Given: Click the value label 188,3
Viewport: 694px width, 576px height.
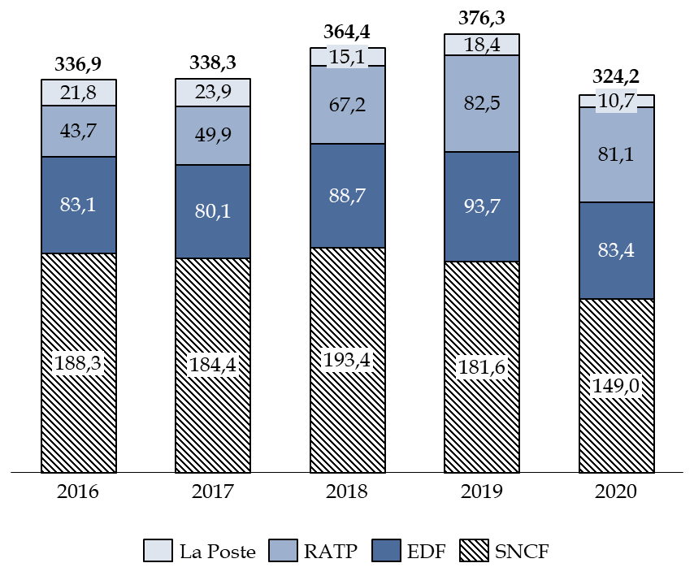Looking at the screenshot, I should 78,363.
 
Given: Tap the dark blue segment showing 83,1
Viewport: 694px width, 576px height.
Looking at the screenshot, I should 78,205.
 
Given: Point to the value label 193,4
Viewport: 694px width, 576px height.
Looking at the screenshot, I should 347,359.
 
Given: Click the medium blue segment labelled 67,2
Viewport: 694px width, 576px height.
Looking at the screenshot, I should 347,105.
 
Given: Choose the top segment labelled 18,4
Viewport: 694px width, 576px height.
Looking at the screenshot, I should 481,45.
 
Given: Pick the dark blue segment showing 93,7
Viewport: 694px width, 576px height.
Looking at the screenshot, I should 481,206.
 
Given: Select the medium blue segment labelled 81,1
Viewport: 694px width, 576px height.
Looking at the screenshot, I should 616,154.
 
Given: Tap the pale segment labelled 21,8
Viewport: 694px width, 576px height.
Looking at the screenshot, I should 78,93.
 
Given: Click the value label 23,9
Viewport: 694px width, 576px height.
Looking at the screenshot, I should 213,92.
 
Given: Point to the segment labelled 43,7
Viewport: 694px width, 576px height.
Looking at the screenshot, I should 78,131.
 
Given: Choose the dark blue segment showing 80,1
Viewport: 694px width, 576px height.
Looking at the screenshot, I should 213,211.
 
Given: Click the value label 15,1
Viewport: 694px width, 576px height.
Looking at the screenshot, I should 347,57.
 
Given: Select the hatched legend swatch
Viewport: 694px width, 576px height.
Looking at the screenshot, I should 474,550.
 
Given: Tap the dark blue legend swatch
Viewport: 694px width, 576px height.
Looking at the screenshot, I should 386,550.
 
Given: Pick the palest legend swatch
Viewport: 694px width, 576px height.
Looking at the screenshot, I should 158,550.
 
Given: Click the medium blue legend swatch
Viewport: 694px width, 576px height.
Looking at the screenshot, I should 283,550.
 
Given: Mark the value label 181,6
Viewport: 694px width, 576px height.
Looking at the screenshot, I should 481,366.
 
